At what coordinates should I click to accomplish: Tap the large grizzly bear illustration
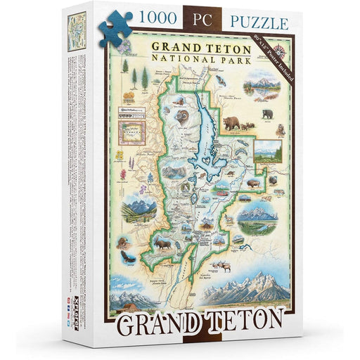(x=231, y=124)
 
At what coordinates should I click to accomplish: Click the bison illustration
(x=250, y=185)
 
